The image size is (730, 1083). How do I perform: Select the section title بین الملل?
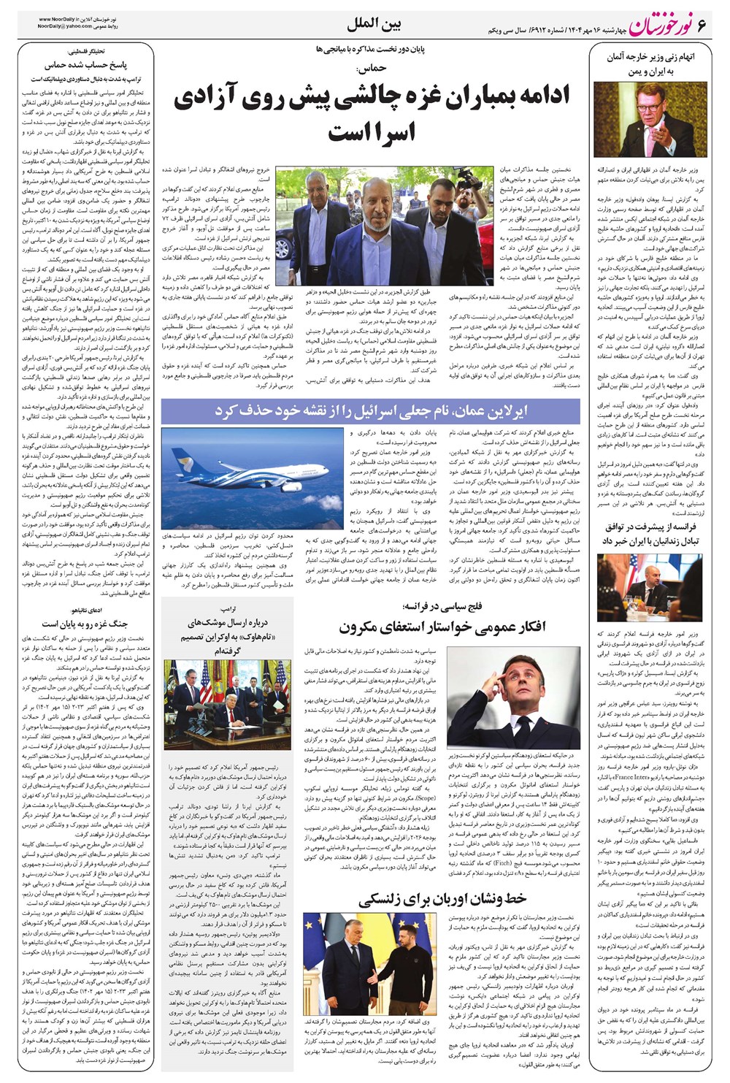pyautogui.click(x=374, y=24)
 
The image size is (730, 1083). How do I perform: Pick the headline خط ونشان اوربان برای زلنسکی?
pyautogui.click(x=442, y=898)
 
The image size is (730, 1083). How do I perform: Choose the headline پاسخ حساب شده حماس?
pyautogui.click(x=86, y=65)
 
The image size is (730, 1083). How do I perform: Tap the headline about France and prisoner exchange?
pyautogui.click(x=650, y=533)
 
